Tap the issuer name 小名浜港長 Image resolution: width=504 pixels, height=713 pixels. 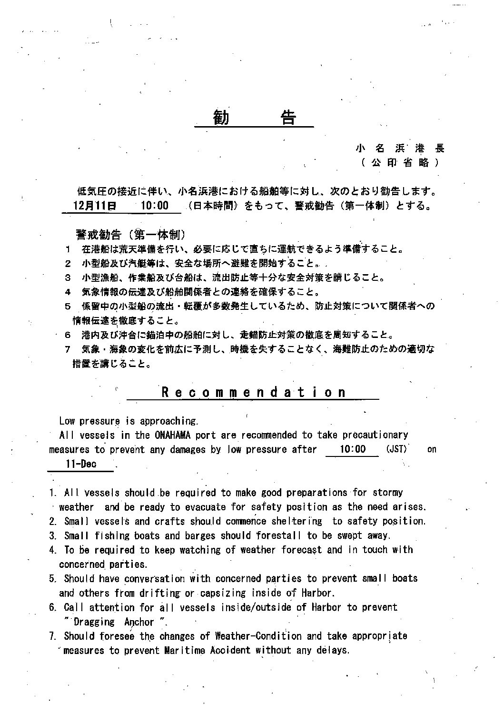pyautogui.click(x=400, y=148)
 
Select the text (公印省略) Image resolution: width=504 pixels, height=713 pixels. pyautogui.click(x=400, y=163)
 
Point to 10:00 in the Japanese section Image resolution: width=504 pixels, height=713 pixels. pyautogui.click(x=154, y=206)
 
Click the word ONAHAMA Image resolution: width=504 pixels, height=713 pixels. pyautogui.click(x=173, y=435)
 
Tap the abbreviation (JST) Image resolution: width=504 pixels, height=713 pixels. pyautogui.click(x=397, y=449)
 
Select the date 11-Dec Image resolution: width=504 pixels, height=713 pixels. pyautogui.click(x=81, y=464)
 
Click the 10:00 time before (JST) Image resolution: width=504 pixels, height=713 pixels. pyautogui.click(x=353, y=449)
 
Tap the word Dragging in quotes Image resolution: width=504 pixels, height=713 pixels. pyautogui.click(x=94, y=622)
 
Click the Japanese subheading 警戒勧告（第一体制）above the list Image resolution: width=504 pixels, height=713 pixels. pyautogui.click(x=130, y=235)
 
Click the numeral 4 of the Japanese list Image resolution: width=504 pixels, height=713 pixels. pyautogui.click(x=68, y=292)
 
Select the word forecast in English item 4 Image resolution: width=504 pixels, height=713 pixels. pyautogui.click(x=301, y=550)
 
